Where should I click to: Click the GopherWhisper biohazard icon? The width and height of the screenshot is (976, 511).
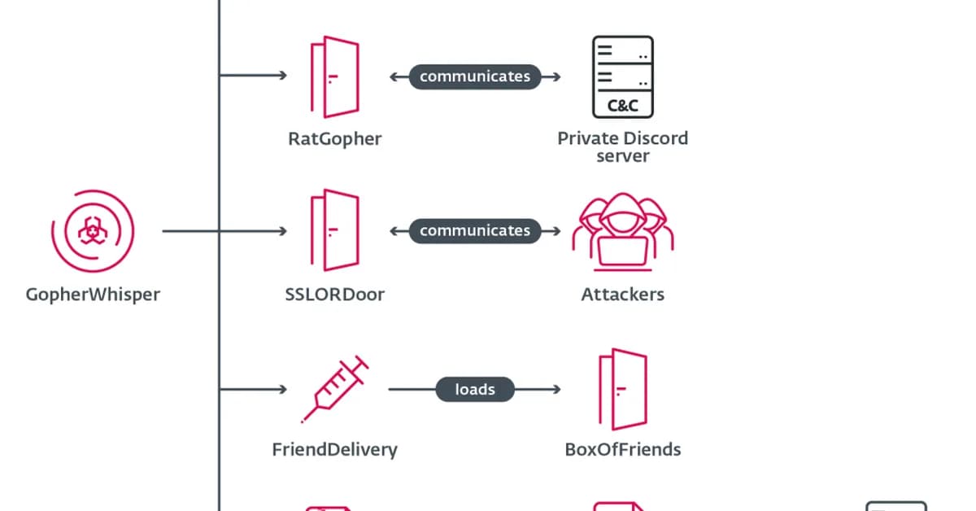pos(93,232)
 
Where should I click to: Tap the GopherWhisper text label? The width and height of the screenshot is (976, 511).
pos(93,294)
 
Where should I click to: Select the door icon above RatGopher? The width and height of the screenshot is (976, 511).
pos(333,76)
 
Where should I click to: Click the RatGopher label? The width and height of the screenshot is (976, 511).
pos(334,138)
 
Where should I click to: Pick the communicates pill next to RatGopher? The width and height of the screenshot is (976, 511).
pos(475,76)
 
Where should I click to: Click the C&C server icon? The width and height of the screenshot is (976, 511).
pos(622,76)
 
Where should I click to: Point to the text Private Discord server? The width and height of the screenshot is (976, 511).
pos(622,146)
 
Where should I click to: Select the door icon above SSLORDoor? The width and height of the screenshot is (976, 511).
pos(333,230)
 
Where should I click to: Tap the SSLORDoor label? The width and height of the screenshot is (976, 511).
pos(334,294)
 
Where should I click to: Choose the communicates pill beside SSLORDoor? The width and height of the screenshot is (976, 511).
pos(475,230)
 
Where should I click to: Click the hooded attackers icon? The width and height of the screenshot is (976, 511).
pos(622,232)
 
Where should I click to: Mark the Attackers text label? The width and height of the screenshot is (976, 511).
pos(622,294)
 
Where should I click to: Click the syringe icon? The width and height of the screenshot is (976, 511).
pos(334,389)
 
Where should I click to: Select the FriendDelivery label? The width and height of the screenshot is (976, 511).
pos(334,448)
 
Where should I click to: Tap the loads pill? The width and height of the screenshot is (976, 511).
pos(475,389)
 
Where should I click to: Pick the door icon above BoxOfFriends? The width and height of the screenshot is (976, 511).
pos(622,389)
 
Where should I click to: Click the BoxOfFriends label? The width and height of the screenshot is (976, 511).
pos(622,448)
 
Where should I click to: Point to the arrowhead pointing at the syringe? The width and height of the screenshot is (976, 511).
pos(283,389)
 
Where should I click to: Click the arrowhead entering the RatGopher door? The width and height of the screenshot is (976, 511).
pos(283,76)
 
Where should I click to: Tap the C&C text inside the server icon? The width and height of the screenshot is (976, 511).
pos(622,106)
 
